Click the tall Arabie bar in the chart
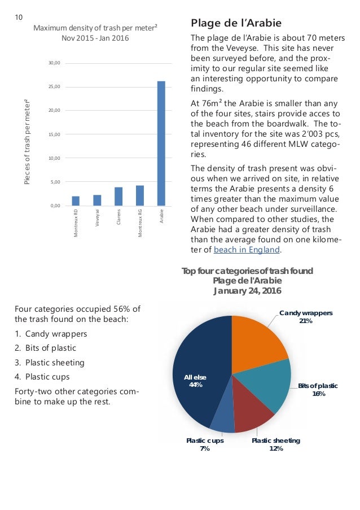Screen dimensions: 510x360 click(161, 143)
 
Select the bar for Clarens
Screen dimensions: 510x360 click(118, 197)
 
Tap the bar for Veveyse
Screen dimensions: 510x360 click(97, 200)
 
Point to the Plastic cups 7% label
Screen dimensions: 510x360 click(204, 444)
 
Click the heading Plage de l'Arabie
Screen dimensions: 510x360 click(236, 23)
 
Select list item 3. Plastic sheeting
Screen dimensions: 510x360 click(50, 363)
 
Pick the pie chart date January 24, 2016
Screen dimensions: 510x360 click(247, 291)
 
